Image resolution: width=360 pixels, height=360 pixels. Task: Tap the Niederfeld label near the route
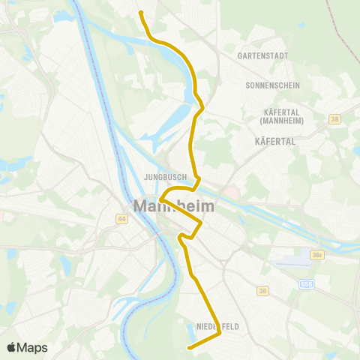click(217, 326)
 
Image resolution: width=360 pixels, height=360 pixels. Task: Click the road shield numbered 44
click(121, 218)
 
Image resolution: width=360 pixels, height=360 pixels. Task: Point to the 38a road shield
click(318, 256)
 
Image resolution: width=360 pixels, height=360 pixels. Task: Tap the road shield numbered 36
click(262, 289)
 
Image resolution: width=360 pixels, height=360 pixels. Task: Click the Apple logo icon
click(11, 347)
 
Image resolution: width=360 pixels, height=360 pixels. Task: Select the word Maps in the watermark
click(33, 347)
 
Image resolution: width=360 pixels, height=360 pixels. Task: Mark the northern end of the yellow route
click(140, 12)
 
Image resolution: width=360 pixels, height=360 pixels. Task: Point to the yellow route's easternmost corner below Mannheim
click(201, 223)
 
